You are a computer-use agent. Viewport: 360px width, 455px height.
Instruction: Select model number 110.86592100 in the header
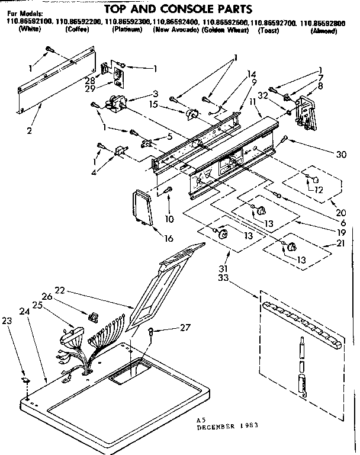point(28,22)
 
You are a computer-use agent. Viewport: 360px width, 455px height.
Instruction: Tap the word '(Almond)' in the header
point(324,30)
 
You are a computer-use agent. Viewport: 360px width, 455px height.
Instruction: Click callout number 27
point(186,326)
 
